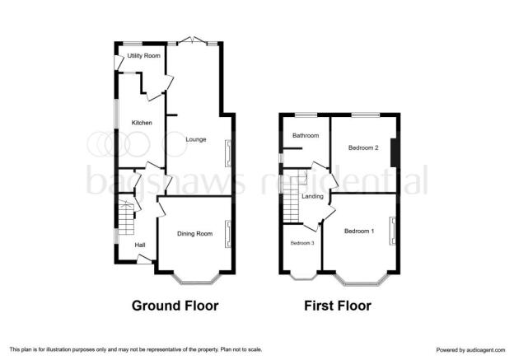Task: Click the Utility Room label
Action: click(x=144, y=56)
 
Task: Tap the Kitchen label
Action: click(x=142, y=123)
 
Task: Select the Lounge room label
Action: click(x=196, y=139)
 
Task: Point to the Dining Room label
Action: click(x=194, y=234)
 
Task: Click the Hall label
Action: click(x=140, y=245)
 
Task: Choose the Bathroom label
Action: click(x=306, y=135)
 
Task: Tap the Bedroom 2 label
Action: click(x=363, y=147)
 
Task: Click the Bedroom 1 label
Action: click(x=359, y=231)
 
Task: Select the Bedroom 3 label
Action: click(x=302, y=243)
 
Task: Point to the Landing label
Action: click(x=312, y=196)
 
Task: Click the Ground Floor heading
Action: click(x=175, y=306)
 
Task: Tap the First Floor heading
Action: click(x=338, y=306)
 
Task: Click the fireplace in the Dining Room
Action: click(x=228, y=234)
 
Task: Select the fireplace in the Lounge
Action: click(x=228, y=153)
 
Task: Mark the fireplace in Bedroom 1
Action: click(x=393, y=231)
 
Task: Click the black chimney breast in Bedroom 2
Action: click(x=395, y=152)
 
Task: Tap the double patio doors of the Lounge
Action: click(x=193, y=40)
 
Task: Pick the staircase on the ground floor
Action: click(x=126, y=217)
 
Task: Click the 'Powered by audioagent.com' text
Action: click(x=470, y=350)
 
